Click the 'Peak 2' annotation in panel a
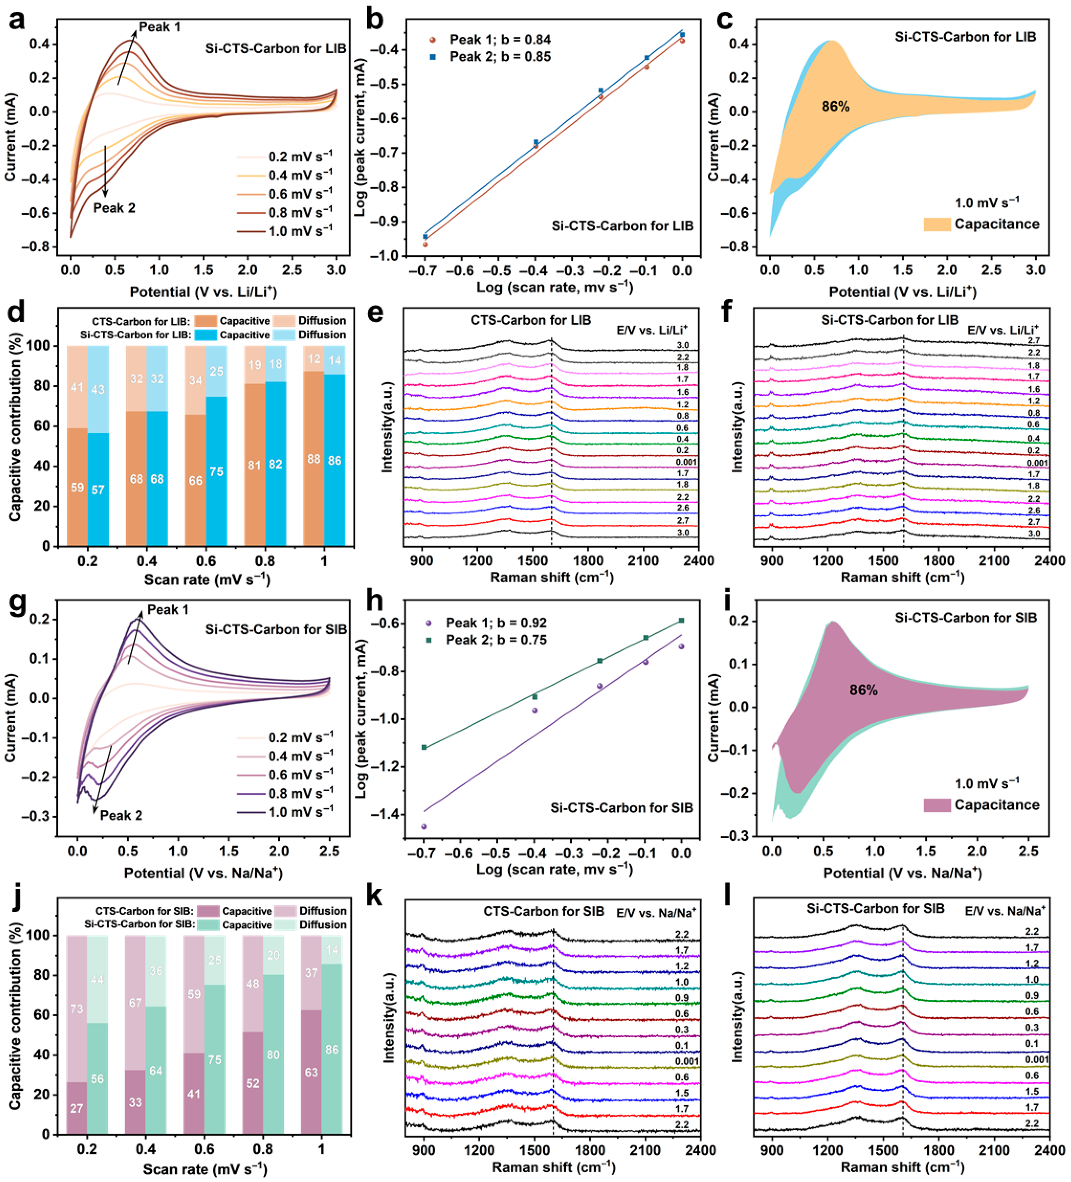pyautogui.click(x=114, y=208)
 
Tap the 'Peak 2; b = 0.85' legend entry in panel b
pyautogui.click(x=490, y=57)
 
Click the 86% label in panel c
pyautogui.click(x=835, y=107)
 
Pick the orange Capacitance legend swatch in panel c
pyautogui.click(x=937, y=224)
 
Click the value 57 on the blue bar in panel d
pyautogui.click(x=98, y=490)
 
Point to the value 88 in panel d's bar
pyautogui.click(x=314, y=458)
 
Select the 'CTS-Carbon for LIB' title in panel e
pyautogui.click(x=531, y=320)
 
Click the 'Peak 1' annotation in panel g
pyautogui.click(x=168, y=610)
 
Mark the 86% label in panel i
pyautogui.click(x=863, y=690)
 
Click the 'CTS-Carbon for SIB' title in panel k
pyautogui.click(x=544, y=911)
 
